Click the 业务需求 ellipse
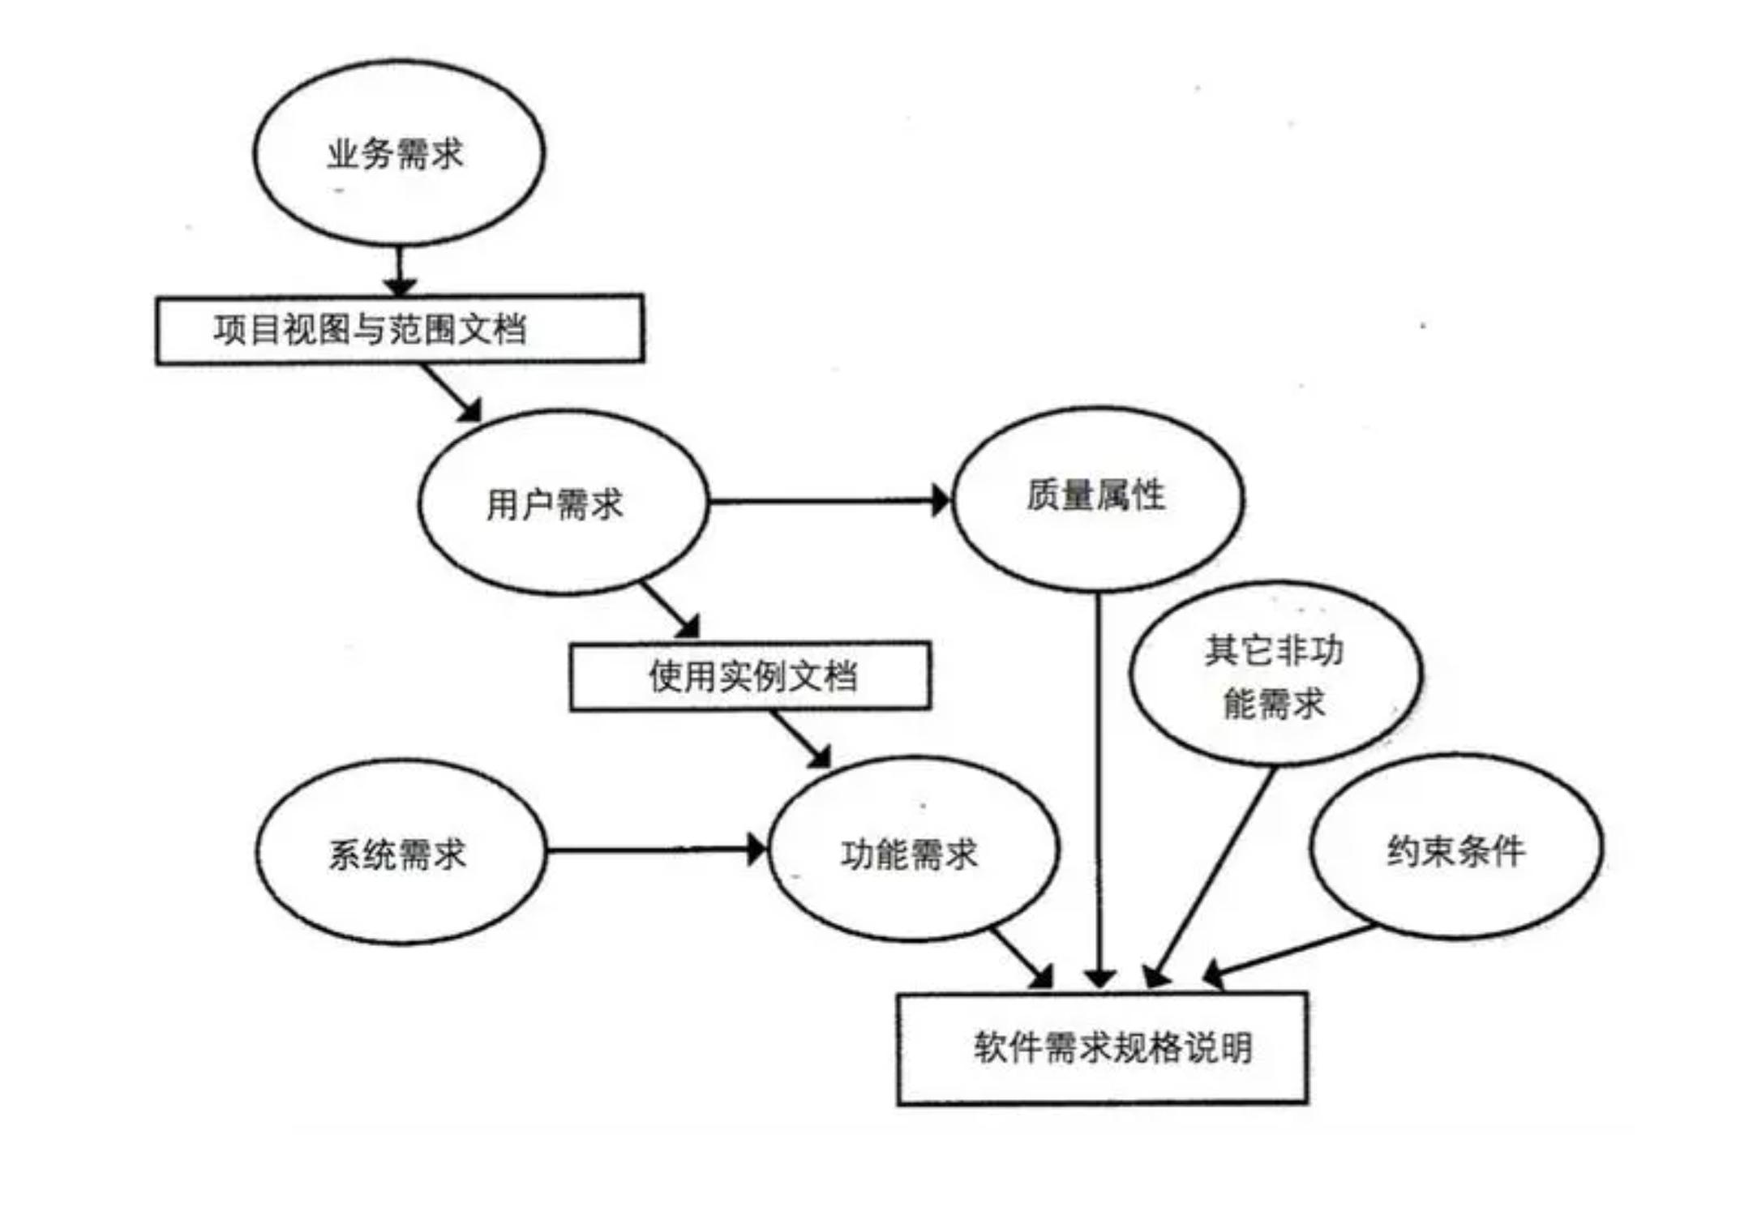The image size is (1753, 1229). [x=398, y=152]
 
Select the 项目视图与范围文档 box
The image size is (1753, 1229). [x=400, y=329]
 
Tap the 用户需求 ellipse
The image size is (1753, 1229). [x=563, y=503]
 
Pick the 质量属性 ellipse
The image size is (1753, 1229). [x=1098, y=498]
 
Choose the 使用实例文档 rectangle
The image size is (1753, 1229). [x=750, y=676]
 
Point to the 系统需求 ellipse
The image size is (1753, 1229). [x=401, y=852]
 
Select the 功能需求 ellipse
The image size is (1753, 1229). [x=912, y=850]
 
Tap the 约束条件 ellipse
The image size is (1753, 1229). [x=1455, y=848]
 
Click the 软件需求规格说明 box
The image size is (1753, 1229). [x=1102, y=1048]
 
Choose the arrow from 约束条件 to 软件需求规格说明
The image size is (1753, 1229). [x=1289, y=950]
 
